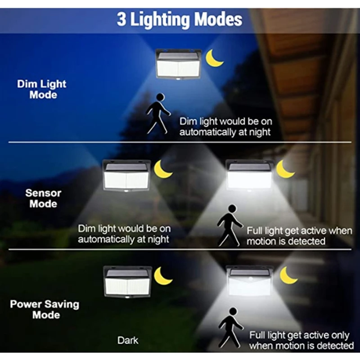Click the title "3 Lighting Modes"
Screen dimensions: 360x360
pos(180,19)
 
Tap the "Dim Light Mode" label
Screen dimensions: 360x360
pos(41,89)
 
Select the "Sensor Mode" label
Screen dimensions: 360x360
pos(43,198)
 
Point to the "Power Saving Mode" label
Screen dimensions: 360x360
pos(44,309)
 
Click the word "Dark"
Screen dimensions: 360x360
pos(128,340)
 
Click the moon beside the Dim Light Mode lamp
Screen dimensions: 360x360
pos(214,58)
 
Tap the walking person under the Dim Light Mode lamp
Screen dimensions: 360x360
pos(158,113)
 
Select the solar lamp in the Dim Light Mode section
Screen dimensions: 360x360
pos(179,64)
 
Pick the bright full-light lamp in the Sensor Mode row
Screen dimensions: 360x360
pos(249,174)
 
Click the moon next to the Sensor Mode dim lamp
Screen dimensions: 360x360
pos(162,170)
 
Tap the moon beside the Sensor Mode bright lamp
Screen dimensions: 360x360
pos(285,169)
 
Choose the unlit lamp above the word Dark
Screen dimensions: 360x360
pos(127,281)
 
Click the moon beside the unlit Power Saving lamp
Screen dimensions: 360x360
pos(163,276)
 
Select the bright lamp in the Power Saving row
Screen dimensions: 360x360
pos(249,281)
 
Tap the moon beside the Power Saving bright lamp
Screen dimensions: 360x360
pos(288,275)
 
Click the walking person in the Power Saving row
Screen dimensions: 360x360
pos(230,328)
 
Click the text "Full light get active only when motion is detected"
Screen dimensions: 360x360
pos(301,340)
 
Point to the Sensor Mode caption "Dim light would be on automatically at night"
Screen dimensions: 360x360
pos(124,234)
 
